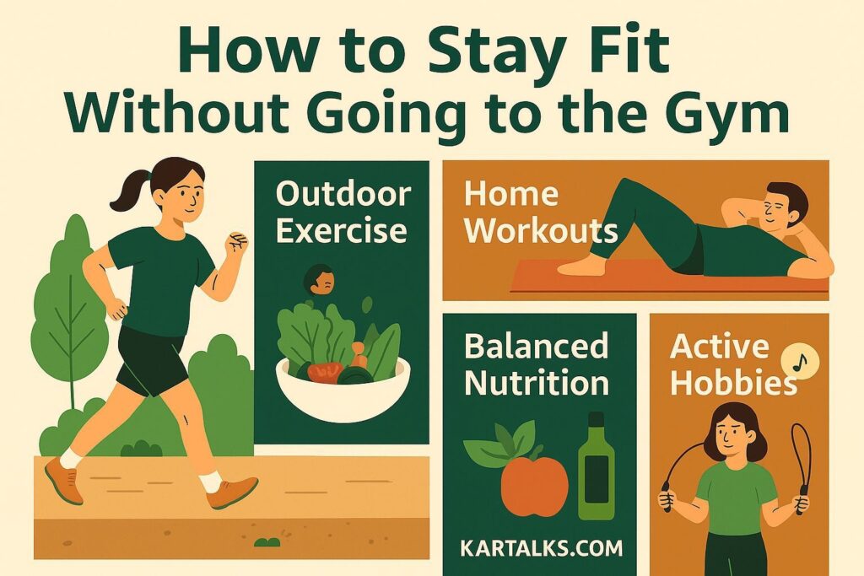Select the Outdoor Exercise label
(341, 211)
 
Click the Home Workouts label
(540, 212)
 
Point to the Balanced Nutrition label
(537, 363)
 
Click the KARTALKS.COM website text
(542, 548)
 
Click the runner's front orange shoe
(231, 492)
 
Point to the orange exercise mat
(667, 278)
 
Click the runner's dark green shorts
(152, 358)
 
